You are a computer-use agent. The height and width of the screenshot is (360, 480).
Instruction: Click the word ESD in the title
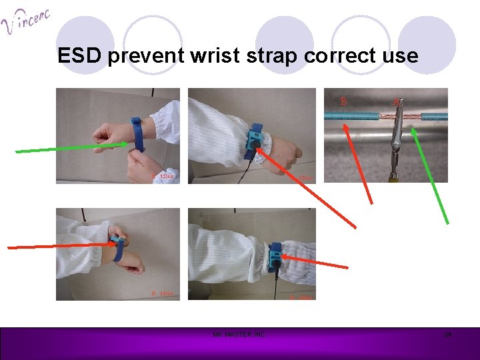coord(79,55)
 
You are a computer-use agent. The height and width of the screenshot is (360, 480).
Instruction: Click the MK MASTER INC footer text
coord(238,334)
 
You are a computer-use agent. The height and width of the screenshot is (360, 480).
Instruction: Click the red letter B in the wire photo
coord(344,101)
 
